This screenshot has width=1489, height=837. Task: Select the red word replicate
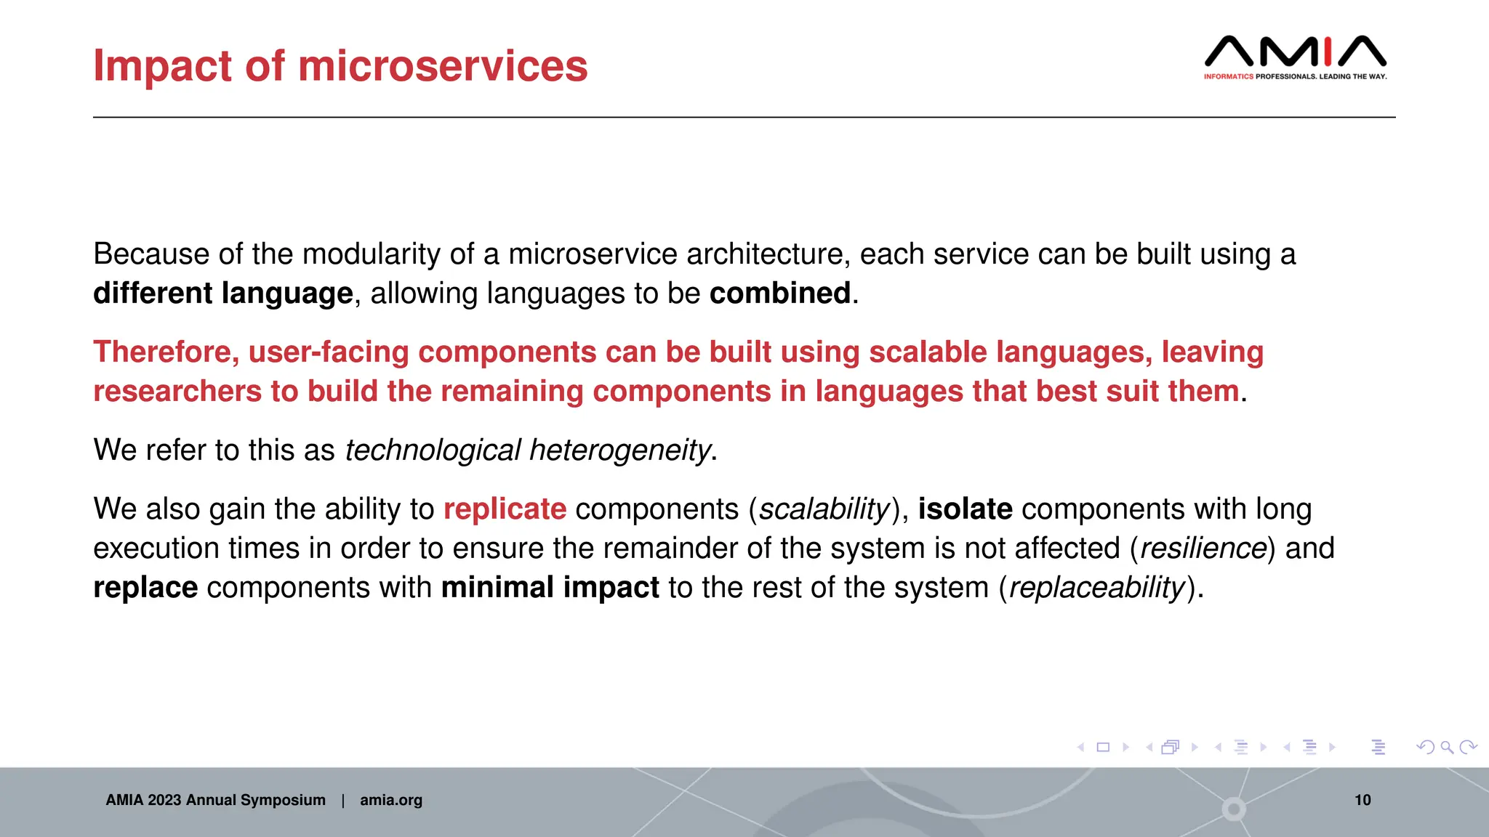tap(505, 509)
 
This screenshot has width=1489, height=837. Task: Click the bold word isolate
tap(965, 509)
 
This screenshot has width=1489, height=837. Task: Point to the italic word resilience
tap(1203, 549)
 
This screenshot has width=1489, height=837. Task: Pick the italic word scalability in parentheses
tap(824, 509)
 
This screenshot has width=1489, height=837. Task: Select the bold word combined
tap(779, 294)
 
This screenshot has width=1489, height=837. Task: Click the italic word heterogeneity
tap(619, 450)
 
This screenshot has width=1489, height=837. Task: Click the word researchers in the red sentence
tap(177, 392)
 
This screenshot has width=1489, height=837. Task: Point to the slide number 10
tap(1362, 800)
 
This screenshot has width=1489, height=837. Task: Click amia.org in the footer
tap(391, 800)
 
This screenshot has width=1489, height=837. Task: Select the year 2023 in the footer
tap(164, 800)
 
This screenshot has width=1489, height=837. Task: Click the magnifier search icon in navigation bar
tap(1447, 747)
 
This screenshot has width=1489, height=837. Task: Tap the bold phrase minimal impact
tap(550, 588)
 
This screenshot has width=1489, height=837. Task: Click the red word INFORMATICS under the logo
tap(1228, 76)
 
